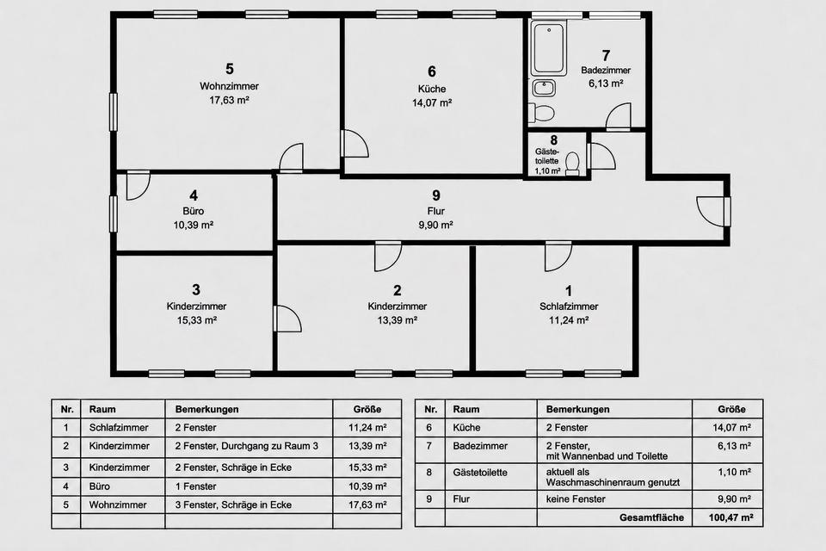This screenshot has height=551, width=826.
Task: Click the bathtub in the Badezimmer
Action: click(x=548, y=48)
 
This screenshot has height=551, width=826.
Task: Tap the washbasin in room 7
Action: click(x=544, y=88)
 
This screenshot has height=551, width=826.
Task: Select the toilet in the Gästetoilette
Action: click(x=572, y=164)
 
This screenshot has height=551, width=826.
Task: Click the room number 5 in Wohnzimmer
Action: click(x=229, y=69)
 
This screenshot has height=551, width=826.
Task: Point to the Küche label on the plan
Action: click(x=432, y=89)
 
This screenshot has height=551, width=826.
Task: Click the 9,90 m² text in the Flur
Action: click(x=435, y=226)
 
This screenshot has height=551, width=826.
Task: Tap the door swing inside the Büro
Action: click(x=138, y=185)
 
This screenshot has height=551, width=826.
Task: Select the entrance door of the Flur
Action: click(x=712, y=212)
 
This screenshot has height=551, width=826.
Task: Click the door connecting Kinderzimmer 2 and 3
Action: click(x=287, y=319)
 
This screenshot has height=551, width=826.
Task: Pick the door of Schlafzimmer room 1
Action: click(x=558, y=257)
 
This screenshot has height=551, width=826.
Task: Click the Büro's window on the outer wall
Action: click(x=114, y=214)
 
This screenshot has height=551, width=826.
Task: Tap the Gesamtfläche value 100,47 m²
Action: click(x=730, y=517)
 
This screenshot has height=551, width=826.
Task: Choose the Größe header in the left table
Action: click(x=367, y=409)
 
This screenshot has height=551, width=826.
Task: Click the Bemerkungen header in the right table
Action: click(x=578, y=409)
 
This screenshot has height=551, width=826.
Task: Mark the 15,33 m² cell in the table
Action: click(x=367, y=467)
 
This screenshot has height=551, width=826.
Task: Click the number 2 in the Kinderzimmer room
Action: click(x=398, y=290)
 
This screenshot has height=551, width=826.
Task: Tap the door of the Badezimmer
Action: click(x=618, y=116)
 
